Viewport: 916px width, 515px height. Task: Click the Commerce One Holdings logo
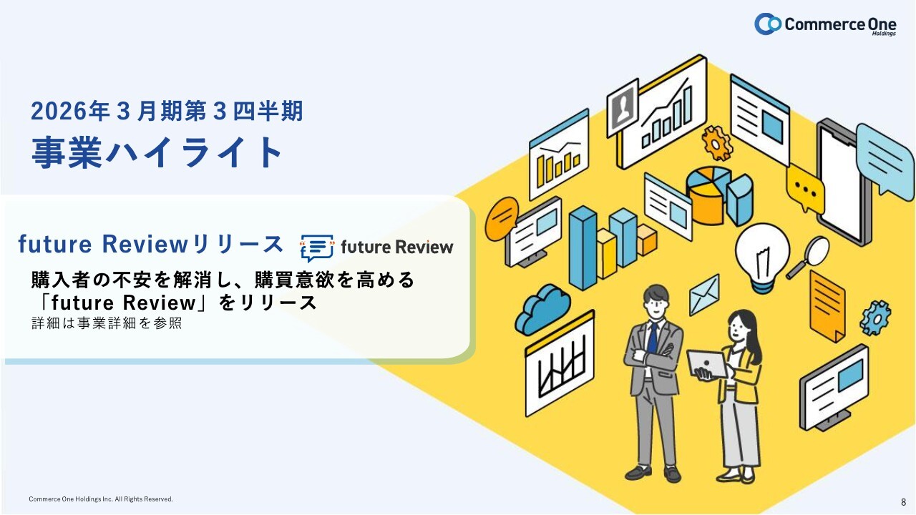(x=825, y=24)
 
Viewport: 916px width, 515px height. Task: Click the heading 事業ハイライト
(x=157, y=153)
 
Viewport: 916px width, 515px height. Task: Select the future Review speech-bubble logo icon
(x=317, y=247)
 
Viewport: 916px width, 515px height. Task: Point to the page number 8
(x=903, y=502)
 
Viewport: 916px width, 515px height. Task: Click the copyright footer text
(x=101, y=499)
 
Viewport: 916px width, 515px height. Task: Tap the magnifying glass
(x=808, y=257)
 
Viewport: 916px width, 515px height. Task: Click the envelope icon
(x=704, y=295)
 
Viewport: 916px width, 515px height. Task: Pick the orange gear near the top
(x=717, y=143)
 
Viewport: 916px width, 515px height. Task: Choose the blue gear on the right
(x=875, y=318)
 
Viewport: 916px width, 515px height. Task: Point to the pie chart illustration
(x=720, y=195)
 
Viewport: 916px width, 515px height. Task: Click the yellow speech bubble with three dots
(x=805, y=188)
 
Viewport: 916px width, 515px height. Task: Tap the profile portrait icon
(x=623, y=107)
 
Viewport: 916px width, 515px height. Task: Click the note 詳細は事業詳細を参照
(x=107, y=323)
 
